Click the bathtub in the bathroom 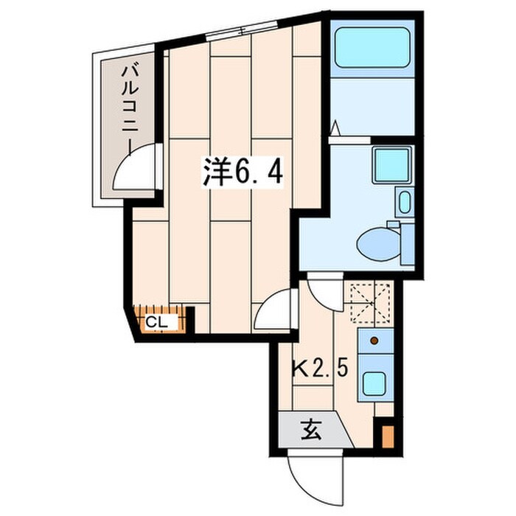click(372, 48)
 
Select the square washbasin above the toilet click(392, 165)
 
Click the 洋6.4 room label click(243, 172)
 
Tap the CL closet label click(156, 322)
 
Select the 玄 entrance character click(310, 431)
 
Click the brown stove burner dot click(374, 341)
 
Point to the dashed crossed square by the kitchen click(370, 302)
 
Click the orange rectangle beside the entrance click(388, 436)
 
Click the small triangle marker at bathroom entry click(335, 128)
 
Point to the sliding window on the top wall click(242, 31)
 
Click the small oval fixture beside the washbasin click(404, 202)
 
